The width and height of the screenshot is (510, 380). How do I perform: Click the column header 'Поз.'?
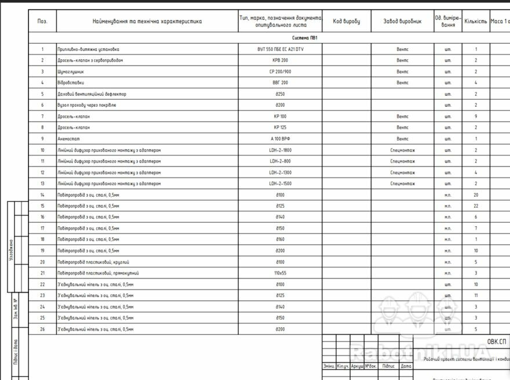(x=42, y=21)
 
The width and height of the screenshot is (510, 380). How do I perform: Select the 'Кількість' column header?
(x=476, y=21)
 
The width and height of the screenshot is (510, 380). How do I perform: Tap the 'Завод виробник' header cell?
(x=402, y=21)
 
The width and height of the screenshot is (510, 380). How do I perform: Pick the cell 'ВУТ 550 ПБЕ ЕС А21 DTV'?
(x=280, y=49)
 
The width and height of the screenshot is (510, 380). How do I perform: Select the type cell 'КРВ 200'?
(x=280, y=60)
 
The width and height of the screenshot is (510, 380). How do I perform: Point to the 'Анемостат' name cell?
(x=68, y=139)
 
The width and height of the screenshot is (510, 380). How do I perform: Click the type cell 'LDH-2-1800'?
(x=280, y=150)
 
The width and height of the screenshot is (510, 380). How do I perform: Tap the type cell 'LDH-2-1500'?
(x=280, y=183)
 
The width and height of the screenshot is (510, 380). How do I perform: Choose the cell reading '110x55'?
(x=280, y=273)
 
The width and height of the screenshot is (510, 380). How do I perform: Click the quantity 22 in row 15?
(x=476, y=206)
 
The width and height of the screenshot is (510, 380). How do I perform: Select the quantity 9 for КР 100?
(x=476, y=117)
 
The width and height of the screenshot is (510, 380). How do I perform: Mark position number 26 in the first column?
(x=42, y=329)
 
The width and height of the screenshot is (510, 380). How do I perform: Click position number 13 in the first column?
(x=42, y=183)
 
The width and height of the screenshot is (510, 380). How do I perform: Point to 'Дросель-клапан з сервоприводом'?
(x=90, y=60)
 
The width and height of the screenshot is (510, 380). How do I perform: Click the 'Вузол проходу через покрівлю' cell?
(x=87, y=105)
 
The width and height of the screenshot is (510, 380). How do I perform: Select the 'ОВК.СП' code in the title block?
(x=497, y=342)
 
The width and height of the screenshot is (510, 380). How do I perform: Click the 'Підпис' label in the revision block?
(x=388, y=366)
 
